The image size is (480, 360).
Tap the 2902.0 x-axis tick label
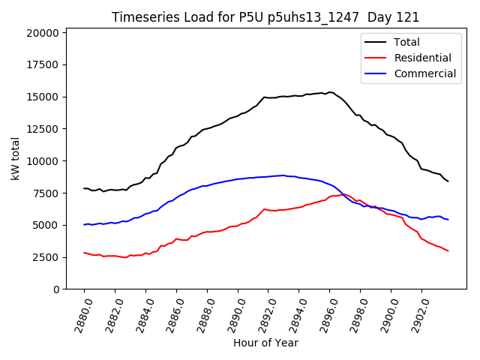416,315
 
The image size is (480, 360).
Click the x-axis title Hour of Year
265,343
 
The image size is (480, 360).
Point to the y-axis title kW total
15,159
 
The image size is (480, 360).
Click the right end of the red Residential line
448,250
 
